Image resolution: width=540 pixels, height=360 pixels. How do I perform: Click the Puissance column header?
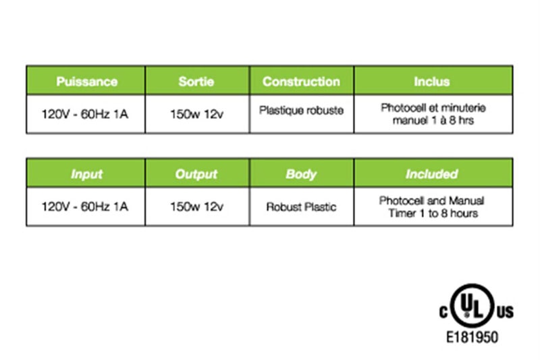(x=86, y=80)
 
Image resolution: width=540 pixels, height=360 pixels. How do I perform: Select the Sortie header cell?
(x=197, y=80)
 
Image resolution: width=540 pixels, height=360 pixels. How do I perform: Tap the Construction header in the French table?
(x=301, y=80)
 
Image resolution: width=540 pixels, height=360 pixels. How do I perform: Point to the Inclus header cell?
(x=433, y=80)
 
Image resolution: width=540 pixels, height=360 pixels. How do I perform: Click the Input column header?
(x=86, y=173)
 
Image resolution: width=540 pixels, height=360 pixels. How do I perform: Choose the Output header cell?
(x=197, y=173)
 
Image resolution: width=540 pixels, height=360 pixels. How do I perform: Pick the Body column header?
(x=301, y=173)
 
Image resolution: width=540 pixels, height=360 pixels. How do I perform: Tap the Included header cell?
(x=433, y=173)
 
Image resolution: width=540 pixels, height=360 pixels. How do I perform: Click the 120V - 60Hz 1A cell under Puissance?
(x=86, y=114)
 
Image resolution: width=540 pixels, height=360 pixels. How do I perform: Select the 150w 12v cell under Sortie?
(x=197, y=114)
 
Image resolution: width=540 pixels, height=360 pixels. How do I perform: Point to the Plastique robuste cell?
(x=301, y=114)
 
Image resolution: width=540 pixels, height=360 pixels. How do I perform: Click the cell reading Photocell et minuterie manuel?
(x=433, y=114)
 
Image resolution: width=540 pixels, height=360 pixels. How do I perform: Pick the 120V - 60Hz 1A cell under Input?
(x=86, y=207)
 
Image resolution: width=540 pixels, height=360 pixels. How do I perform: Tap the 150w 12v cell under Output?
(x=197, y=207)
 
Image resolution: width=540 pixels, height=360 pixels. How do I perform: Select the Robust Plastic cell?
(x=301, y=207)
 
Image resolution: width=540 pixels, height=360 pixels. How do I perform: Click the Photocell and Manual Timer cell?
(x=433, y=207)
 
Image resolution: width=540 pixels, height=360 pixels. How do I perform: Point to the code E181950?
(x=472, y=337)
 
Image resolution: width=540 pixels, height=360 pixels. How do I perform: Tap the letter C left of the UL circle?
(x=443, y=312)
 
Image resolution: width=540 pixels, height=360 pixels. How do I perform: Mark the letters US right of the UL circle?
(x=505, y=312)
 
